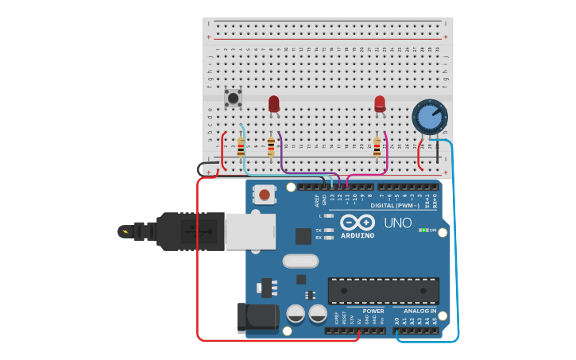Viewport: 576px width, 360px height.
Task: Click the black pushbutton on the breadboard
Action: pos(233,98)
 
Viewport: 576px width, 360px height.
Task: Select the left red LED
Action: pos(274,103)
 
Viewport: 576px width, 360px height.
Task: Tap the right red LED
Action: pos(380,103)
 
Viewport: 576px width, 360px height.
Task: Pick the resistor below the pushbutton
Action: pos(241,147)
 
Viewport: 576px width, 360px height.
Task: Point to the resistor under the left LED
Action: pos(271,147)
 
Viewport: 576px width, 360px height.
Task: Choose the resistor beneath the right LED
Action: pos(377,147)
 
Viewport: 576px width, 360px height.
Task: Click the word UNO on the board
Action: pos(398,223)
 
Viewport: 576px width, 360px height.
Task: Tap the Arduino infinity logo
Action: pos(357,223)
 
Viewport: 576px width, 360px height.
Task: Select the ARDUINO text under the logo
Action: pos(357,236)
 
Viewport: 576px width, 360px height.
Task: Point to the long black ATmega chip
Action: pos(383,290)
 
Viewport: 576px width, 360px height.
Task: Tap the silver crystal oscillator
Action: pos(300,261)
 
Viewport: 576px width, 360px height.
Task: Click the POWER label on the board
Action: pos(373,311)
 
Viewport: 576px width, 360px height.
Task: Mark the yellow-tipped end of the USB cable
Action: pos(125,232)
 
